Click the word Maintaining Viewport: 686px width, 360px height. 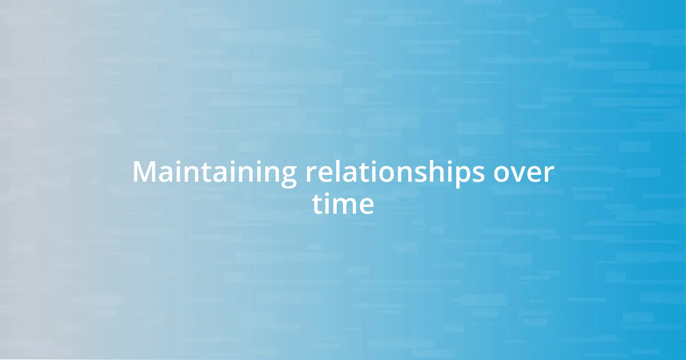coord(214,173)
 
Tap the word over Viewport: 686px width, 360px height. coord(524,173)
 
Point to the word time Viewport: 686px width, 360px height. coord(343,204)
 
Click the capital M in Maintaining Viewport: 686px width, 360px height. coord(144,173)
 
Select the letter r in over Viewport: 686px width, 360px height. coord(549,174)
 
